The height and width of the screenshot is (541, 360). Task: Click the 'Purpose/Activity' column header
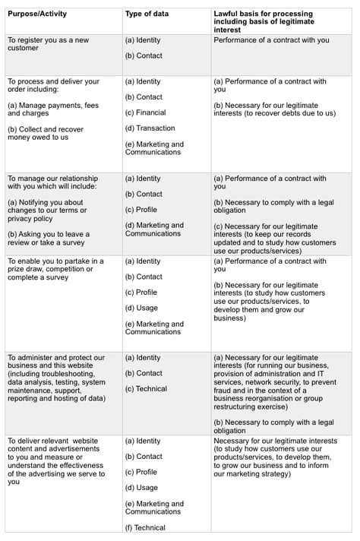(x=38, y=14)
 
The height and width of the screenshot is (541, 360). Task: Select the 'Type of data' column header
(x=147, y=14)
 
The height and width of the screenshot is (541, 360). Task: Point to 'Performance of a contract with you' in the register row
(x=271, y=40)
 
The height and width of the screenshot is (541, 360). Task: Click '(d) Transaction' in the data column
(x=150, y=128)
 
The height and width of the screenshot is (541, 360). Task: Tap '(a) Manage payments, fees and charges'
(x=53, y=109)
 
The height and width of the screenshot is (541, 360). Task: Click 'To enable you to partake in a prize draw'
(x=55, y=269)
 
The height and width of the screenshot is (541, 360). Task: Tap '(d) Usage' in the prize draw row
(x=141, y=308)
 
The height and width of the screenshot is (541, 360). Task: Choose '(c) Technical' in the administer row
(x=146, y=389)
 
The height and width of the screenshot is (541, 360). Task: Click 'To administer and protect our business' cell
(x=56, y=378)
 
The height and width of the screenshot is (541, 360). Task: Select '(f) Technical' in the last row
(x=145, y=528)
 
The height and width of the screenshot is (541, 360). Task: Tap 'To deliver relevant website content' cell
(x=56, y=460)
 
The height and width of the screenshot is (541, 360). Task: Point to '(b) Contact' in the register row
(x=144, y=55)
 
